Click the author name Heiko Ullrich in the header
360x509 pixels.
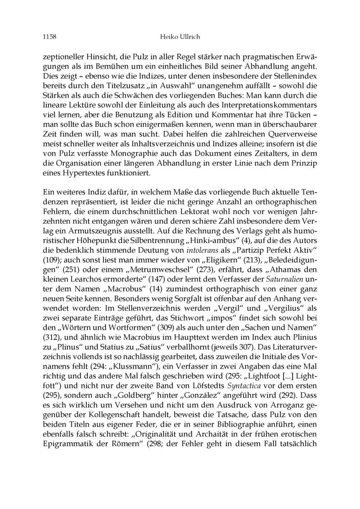click(x=180, y=36)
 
